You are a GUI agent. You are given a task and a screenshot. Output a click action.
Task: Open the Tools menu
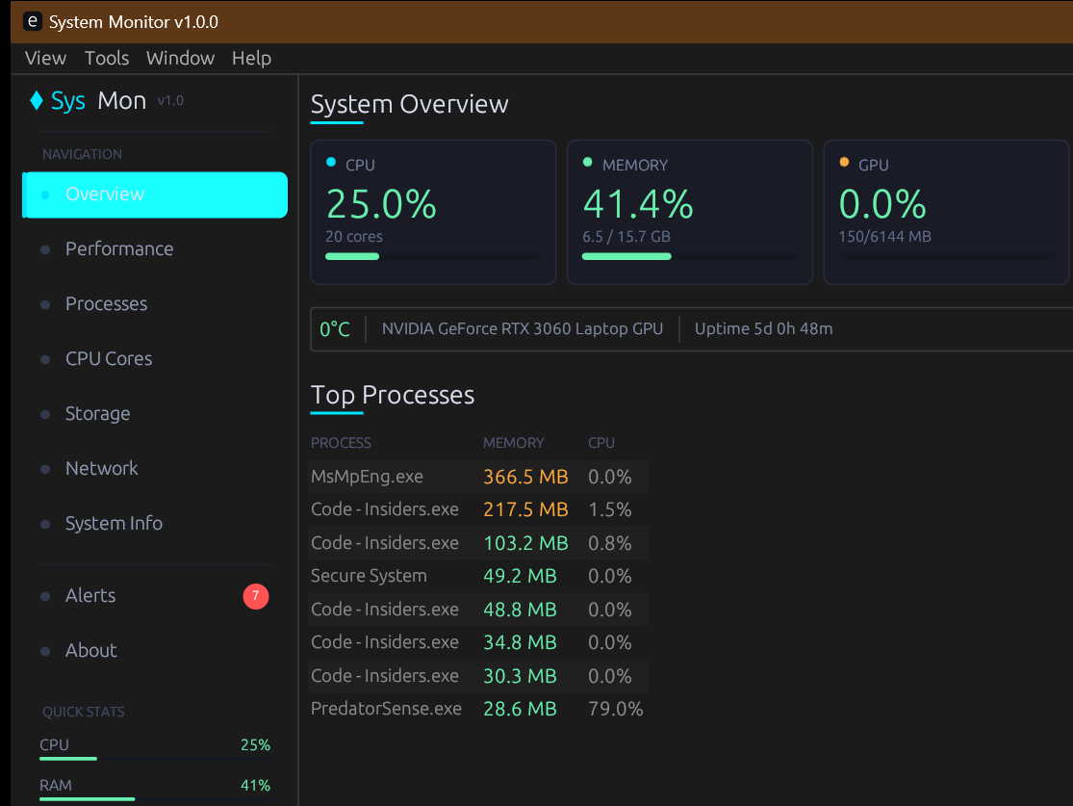pyautogui.click(x=106, y=58)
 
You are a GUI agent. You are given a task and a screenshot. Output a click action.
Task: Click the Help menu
pyautogui.click(x=251, y=58)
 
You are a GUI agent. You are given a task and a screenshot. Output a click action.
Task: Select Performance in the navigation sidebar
pyautogui.click(x=119, y=248)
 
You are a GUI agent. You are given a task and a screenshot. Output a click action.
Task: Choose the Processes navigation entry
pyautogui.click(x=106, y=303)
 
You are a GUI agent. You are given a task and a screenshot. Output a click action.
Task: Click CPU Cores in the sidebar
pyautogui.click(x=109, y=358)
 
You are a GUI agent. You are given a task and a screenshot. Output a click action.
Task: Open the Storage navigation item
pyautogui.click(x=97, y=413)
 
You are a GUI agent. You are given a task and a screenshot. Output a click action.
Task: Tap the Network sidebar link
pyautogui.click(x=101, y=468)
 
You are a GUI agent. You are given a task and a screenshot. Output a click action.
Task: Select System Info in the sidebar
pyautogui.click(x=114, y=523)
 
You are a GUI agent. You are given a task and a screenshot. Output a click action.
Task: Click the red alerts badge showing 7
pyautogui.click(x=255, y=596)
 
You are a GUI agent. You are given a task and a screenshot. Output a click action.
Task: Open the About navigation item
pyautogui.click(x=90, y=650)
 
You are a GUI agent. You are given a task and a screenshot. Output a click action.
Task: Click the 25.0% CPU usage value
pyautogui.click(x=381, y=204)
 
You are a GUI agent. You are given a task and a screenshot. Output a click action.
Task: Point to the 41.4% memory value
pyautogui.click(x=638, y=204)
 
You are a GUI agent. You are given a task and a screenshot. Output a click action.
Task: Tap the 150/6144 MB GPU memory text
pyautogui.click(x=884, y=237)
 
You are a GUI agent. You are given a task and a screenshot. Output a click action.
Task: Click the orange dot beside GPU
pyautogui.click(x=844, y=163)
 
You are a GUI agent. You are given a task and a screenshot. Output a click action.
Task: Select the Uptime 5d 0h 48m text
pyautogui.click(x=763, y=328)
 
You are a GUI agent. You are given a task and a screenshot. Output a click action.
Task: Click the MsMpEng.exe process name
pyautogui.click(x=367, y=477)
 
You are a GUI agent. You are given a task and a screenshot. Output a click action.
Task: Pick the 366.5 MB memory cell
pyautogui.click(x=525, y=477)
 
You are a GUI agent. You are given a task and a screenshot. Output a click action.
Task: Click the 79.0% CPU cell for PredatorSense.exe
pyautogui.click(x=615, y=709)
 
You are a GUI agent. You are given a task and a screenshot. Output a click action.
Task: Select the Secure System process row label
pyautogui.click(x=369, y=576)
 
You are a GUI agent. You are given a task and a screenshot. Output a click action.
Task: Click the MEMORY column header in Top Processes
pyautogui.click(x=513, y=443)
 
